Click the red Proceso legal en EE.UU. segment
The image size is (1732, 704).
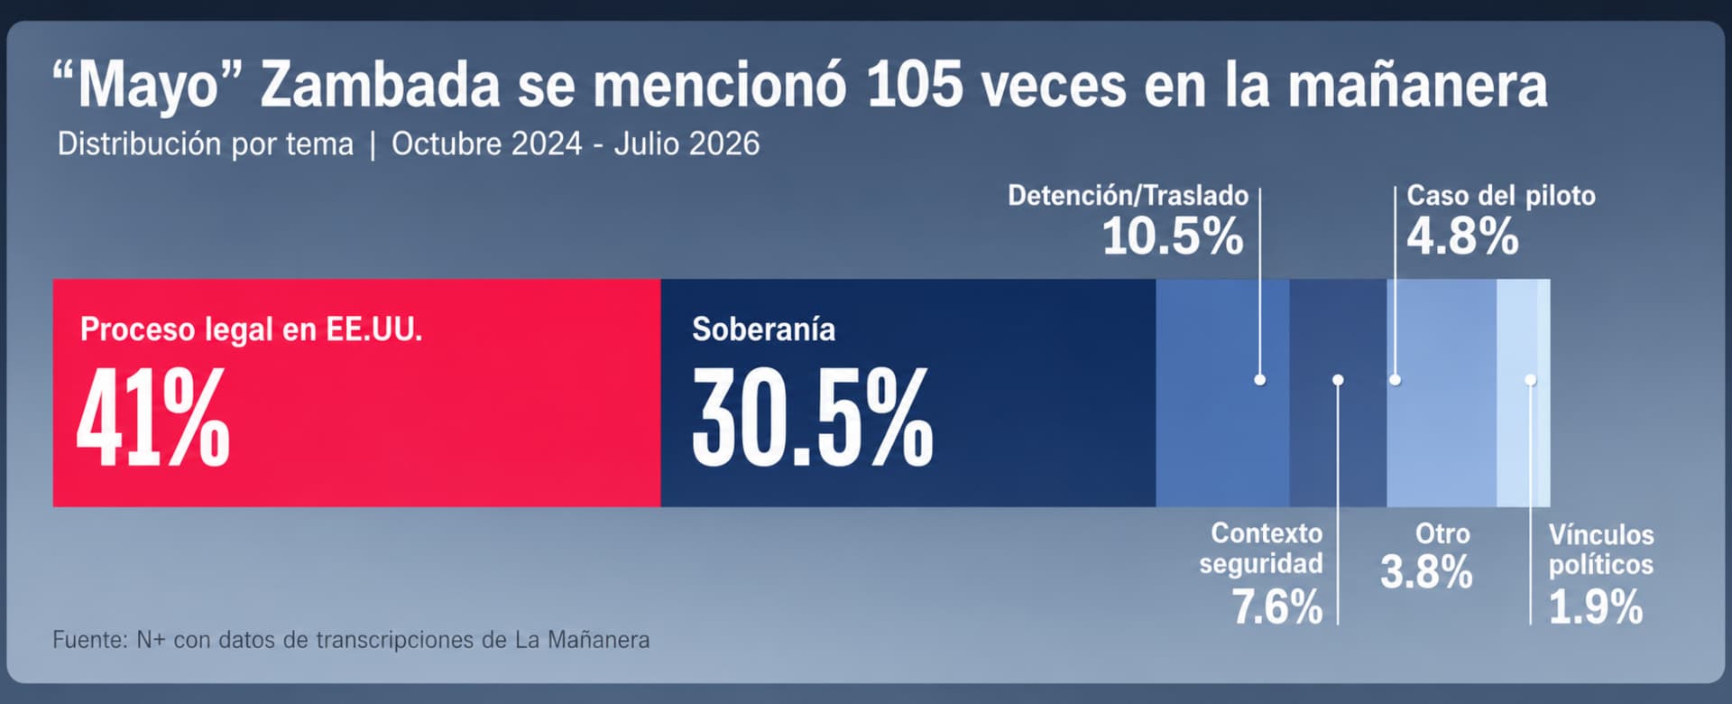click(356, 393)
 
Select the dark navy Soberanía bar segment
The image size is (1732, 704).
click(908, 393)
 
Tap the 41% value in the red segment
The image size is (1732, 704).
click(152, 418)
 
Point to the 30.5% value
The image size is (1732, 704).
click(812, 418)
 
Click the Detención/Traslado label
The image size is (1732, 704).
click(1128, 196)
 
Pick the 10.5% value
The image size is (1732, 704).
click(1173, 237)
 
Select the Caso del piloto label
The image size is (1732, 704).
click(1501, 196)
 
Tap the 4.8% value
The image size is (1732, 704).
click(1462, 237)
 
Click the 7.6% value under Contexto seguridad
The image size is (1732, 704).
click(1277, 607)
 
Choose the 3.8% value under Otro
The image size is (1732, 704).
click(1426, 572)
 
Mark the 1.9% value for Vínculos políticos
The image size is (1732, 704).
click(1596, 607)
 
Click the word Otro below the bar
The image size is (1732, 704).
click(1442, 533)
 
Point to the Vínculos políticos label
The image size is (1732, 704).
click(1601, 550)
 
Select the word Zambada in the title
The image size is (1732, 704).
click(380, 86)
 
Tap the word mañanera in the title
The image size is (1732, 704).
click(1417, 86)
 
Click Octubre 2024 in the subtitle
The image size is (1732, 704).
click(486, 144)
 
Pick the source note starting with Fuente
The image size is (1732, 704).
click(351, 640)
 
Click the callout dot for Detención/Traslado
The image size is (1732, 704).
click(1260, 380)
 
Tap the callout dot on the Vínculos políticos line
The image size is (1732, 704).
click(1531, 380)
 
